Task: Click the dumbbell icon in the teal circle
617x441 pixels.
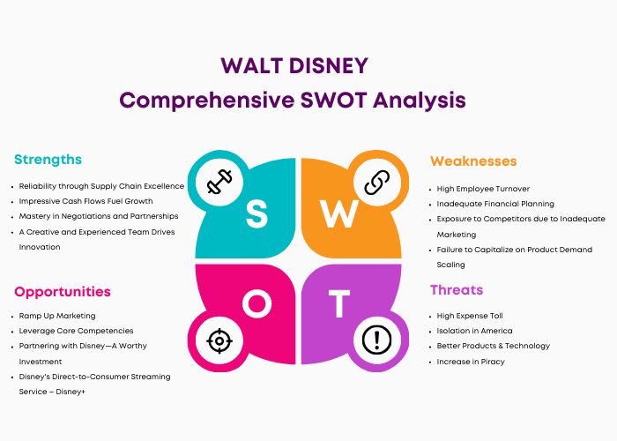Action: tap(219, 182)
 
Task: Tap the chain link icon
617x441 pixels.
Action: tap(377, 183)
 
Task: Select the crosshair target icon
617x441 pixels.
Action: tap(219, 340)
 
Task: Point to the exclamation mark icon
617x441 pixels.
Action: tap(377, 340)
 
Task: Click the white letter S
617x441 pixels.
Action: tap(257, 213)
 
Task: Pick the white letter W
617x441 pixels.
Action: tap(338, 213)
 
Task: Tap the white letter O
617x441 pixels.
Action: tap(257, 304)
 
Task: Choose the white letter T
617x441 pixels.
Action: tap(339, 304)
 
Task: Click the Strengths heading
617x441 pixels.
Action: tap(48, 160)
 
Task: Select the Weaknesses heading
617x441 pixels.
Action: tap(473, 161)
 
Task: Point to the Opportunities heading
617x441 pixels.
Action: tap(63, 292)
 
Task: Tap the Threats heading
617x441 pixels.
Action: tap(457, 290)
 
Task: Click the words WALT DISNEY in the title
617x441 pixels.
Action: tap(294, 66)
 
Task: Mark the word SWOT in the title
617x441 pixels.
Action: tap(334, 100)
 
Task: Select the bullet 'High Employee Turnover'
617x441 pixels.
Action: tap(483, 189)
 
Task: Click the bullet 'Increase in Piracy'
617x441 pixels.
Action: tap(471, 362)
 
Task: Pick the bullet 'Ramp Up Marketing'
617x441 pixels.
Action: tap(57, 316)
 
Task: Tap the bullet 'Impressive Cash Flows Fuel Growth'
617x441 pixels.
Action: tap(85, 201)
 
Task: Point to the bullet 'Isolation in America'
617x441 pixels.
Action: tap(474, 331)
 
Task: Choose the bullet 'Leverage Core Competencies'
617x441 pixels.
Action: tap(76, 331)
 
